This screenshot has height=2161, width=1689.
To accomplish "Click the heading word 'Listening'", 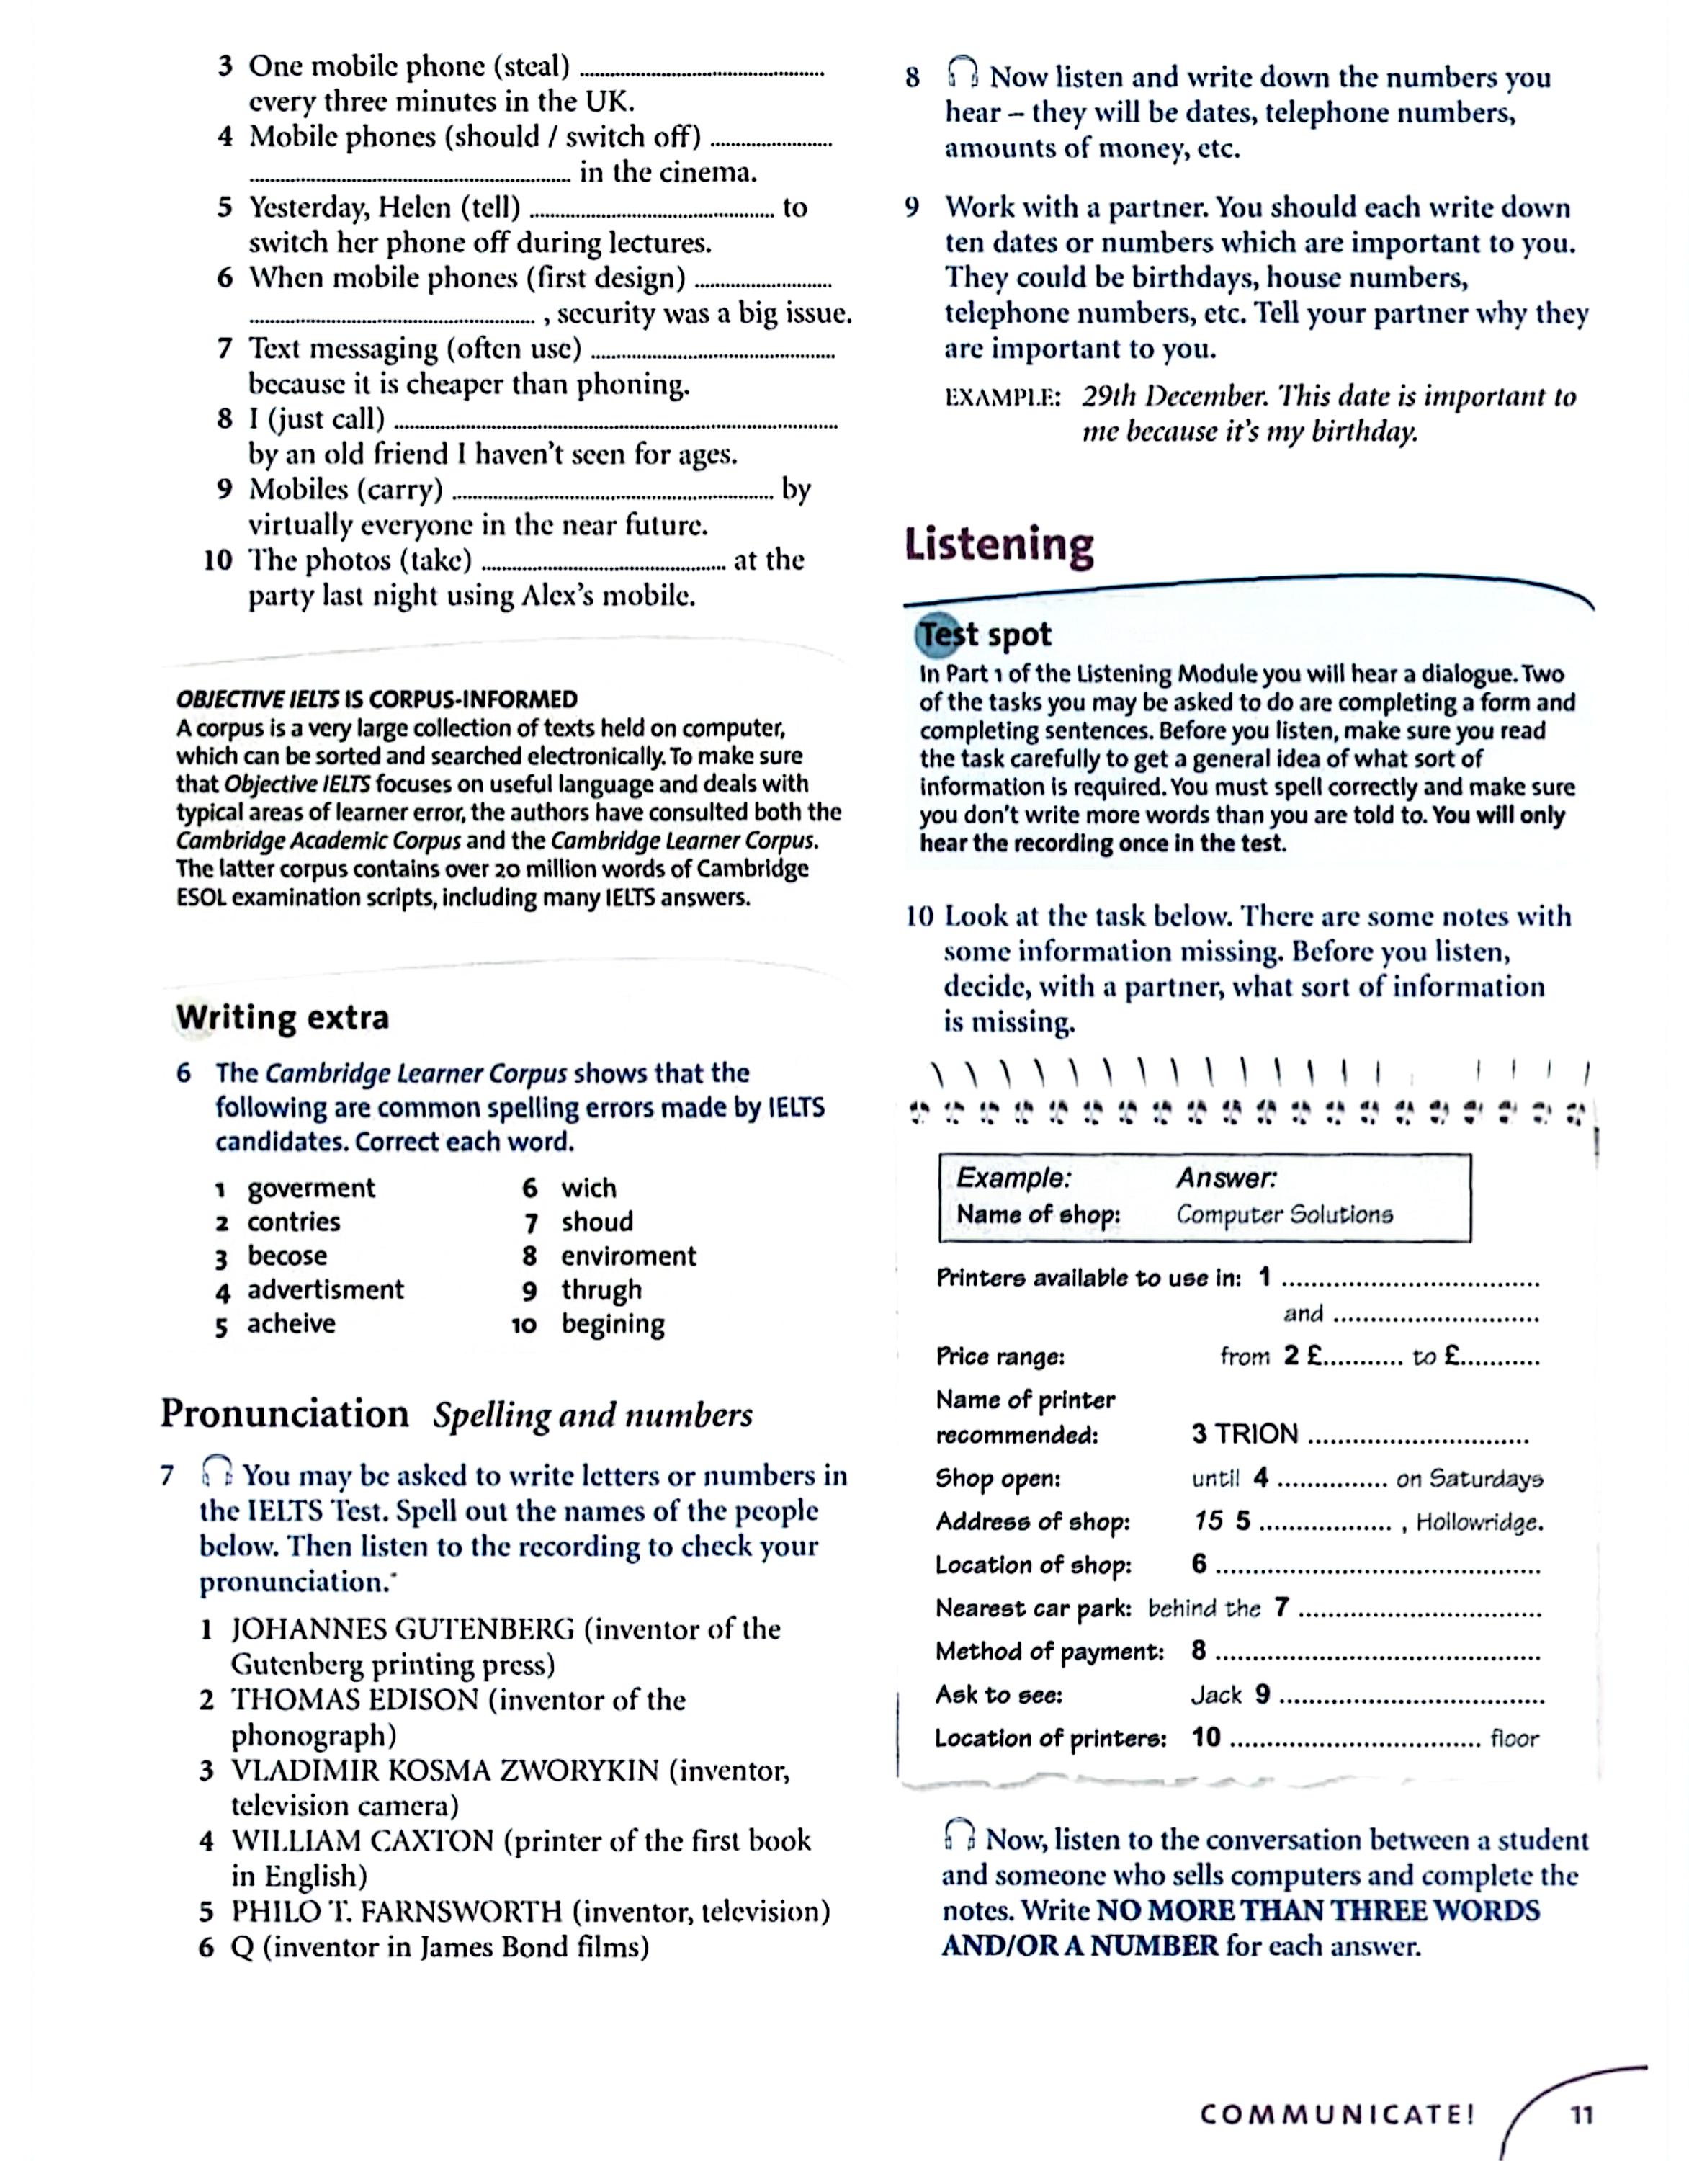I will click(x=998, y=545).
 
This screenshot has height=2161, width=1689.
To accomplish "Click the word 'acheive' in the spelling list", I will click(x=291, y=1324).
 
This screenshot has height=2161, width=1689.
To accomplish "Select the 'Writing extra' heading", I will click(x=282, y=1017).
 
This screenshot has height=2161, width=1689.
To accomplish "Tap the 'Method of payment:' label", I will click(x=1049, y=1652).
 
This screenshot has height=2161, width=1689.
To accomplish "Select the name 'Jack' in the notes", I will click(x=1216, y=1695).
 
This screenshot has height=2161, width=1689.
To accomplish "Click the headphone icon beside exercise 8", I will click(x=962, y=73).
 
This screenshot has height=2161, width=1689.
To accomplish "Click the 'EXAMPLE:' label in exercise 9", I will click(x=1003, y=398).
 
